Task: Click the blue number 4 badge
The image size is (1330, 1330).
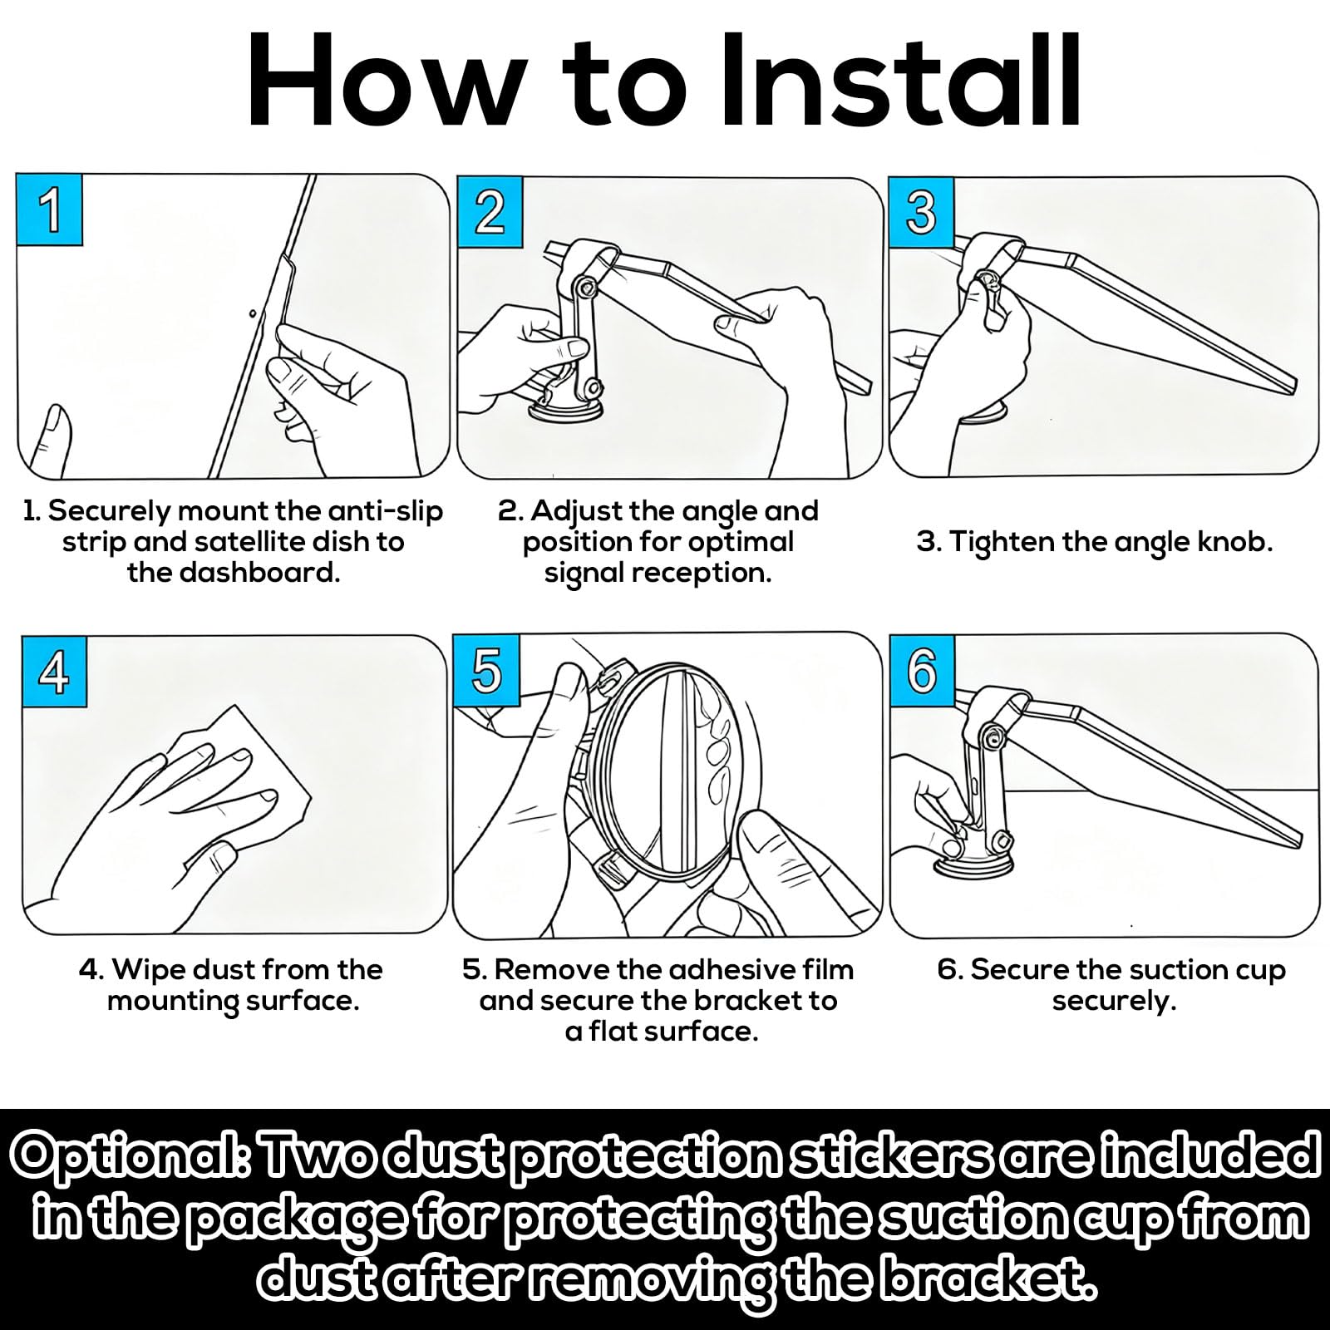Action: pyautogui.click(x=53, y=672)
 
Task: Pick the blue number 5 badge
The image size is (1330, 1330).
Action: pyautogui.click(x=486, y=670)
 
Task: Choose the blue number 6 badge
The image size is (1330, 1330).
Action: pyautogui.click(x=922, y=670)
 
